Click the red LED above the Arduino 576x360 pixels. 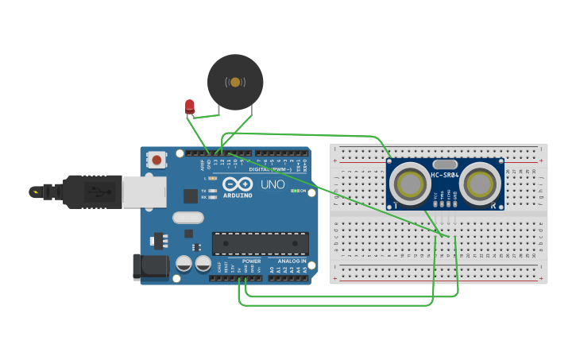(x=190, y=106)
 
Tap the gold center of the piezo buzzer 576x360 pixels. (x=235, y=82)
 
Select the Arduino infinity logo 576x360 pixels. (x=238, y=184)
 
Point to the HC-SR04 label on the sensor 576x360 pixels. (x=445, y=175)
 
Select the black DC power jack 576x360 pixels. (x=151, y=266)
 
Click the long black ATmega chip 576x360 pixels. (x=260, y=244)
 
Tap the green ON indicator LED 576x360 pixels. (x=295, y=191)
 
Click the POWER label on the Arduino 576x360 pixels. (x=251, y=261)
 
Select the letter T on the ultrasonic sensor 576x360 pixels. (x=395, y=205)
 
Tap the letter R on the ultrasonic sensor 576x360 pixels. (x=494, y=205)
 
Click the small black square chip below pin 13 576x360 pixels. (x=190, y=196)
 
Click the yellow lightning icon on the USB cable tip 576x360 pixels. (x=35, y=192)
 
